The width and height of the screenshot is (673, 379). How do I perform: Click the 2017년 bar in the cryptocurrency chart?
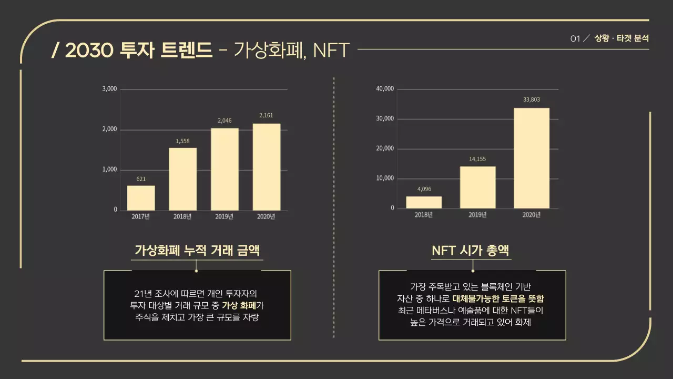[x=141, y=198]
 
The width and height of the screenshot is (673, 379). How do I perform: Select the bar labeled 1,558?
[x=182, y=179]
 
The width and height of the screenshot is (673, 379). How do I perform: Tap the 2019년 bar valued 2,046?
[x=225, y=169]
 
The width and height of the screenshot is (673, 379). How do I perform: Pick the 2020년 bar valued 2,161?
[x=266, y=167]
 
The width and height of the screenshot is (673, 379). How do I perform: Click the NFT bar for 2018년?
[x=424, y=203]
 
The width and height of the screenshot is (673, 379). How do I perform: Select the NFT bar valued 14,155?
[x=477, y=187]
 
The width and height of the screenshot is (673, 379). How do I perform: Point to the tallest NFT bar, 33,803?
[x=531, y=158]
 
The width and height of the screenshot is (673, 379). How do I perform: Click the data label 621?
[x=141, y=179]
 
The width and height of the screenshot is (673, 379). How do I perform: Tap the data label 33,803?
[x=532, y=99]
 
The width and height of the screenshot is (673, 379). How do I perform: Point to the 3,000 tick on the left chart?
[x=109, y=89]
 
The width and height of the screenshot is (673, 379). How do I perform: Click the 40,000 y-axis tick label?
[x=385, y=88]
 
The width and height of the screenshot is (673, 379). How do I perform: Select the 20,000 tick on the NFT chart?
[x=385, y=148]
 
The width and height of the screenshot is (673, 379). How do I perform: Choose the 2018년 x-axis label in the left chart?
[x=182, y=216]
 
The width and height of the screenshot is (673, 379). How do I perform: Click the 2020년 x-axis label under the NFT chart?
[x=531, y=214]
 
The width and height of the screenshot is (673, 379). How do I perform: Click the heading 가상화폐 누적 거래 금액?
[x=197, y=250]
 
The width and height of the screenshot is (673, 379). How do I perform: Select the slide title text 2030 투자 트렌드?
[x=132, y=50]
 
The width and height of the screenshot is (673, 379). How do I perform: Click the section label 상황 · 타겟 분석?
[x=621, y=38]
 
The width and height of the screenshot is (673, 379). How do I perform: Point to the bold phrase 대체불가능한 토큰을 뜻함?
[x=498, y=298]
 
